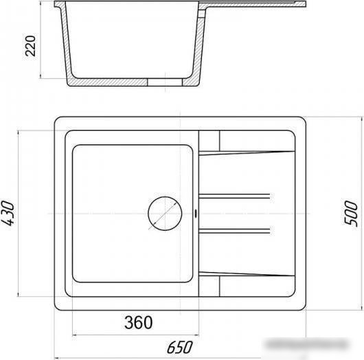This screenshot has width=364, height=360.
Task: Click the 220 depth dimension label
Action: point(30,46)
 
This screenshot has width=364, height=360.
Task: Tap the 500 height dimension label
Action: point(351,213)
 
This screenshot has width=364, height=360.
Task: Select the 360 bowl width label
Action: point(138,322)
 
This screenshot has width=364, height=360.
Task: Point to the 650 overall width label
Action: point(179,347)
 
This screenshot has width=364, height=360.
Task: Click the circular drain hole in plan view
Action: point(165,214)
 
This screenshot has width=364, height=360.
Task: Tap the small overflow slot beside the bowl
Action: point(196,213)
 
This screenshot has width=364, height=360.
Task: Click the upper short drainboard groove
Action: point(234,196)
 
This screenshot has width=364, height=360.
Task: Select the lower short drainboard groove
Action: point(234,231)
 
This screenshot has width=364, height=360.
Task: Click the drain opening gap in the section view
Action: point(165,82)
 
